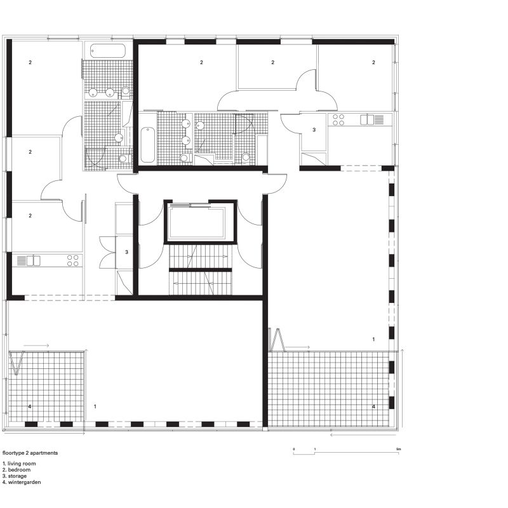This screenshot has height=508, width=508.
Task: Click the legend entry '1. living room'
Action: [20, 464]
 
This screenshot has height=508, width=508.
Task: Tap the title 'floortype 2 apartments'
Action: [30, 453]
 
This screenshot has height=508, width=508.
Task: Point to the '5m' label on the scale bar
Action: [398, 449]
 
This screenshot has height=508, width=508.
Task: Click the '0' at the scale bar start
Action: [294, 449]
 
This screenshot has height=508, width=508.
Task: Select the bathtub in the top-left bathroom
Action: [108, 50]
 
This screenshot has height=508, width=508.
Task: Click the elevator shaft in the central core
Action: [200, 223]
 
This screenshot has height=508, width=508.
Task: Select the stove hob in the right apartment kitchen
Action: [338, 119]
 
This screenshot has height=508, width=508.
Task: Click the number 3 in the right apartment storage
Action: [314, 130]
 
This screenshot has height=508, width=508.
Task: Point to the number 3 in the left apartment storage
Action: [126, 252]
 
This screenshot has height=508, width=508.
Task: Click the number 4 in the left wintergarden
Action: [29, 405]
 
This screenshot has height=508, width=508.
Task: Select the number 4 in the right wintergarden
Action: [373, 406]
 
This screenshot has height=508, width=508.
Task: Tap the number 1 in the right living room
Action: [373, 340]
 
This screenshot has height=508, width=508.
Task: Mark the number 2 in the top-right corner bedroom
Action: [373, 62]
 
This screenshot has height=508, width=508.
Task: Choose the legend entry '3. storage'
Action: [17, 476]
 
